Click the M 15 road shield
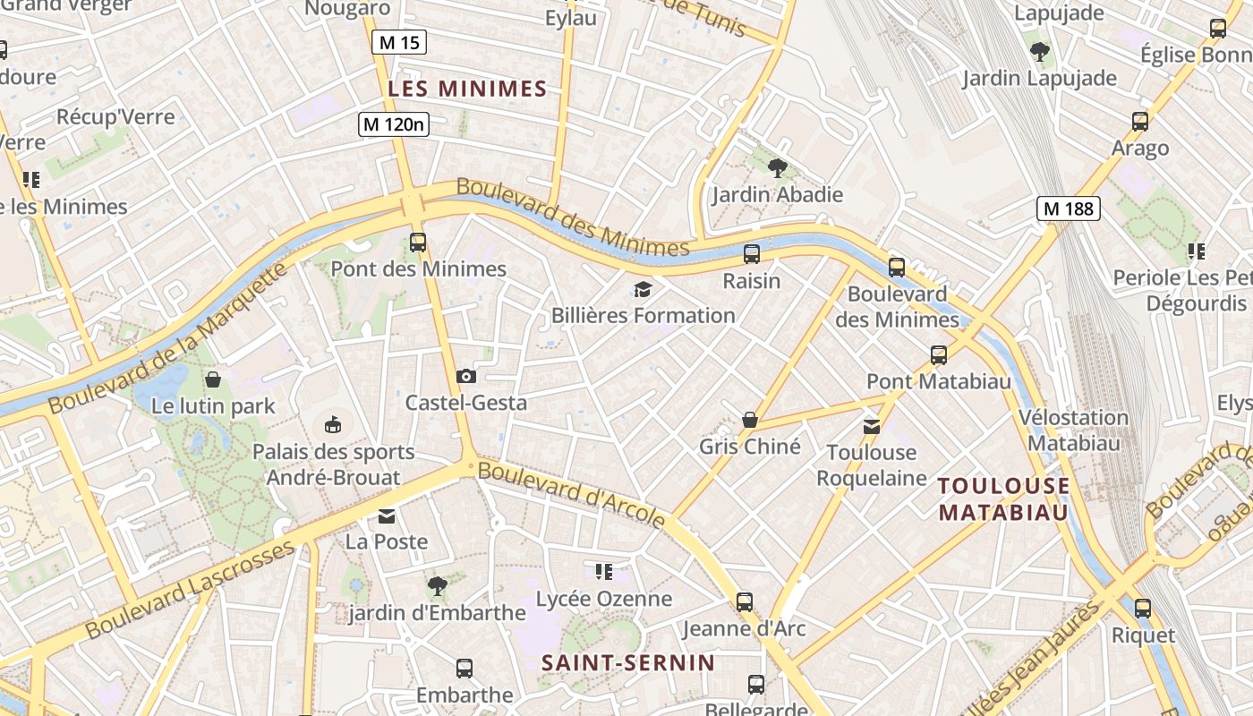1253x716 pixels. (x=398, y=42)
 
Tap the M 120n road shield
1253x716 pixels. (x=394, y=124)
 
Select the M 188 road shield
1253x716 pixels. (x=1068, y=209)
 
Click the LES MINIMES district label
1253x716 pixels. (x=467, y=89)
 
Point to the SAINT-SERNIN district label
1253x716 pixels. (x=628, y=663)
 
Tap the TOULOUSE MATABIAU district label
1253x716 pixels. (x=1003, y=499)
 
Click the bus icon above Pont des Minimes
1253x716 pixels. (x=417, y=242)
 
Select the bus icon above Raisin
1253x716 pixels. (x=752, y=254)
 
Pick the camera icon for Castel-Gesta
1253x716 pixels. (x=466, y=376)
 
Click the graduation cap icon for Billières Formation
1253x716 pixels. (x=643, y=288)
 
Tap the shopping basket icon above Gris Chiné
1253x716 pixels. (x=750, y=420)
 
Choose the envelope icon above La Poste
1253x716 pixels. (x=387, y=516)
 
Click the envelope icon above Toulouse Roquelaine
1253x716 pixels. (x=871, y=426)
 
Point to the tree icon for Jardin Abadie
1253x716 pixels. (x=777, y=167)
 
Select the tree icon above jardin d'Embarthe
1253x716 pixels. (x=437, y=586)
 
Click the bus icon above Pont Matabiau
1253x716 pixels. (x=938, y=355)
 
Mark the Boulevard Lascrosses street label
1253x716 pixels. (x=190, y=590)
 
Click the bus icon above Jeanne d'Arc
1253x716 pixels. (x=744, y=602)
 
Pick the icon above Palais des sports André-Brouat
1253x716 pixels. (x=333, y=424)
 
